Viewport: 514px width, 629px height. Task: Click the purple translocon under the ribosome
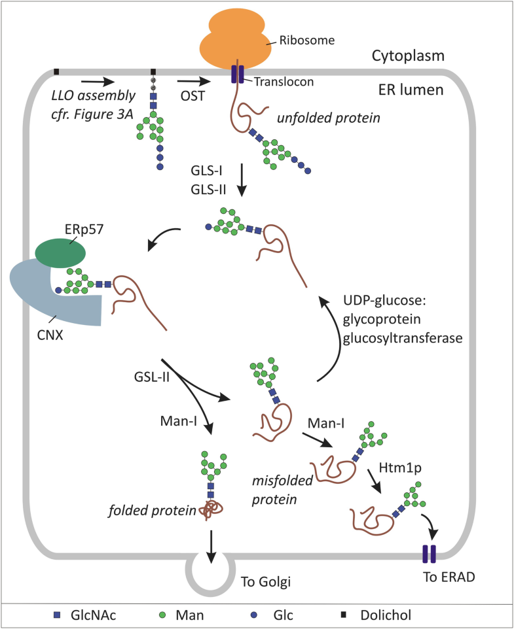click(x=236, y=74)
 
